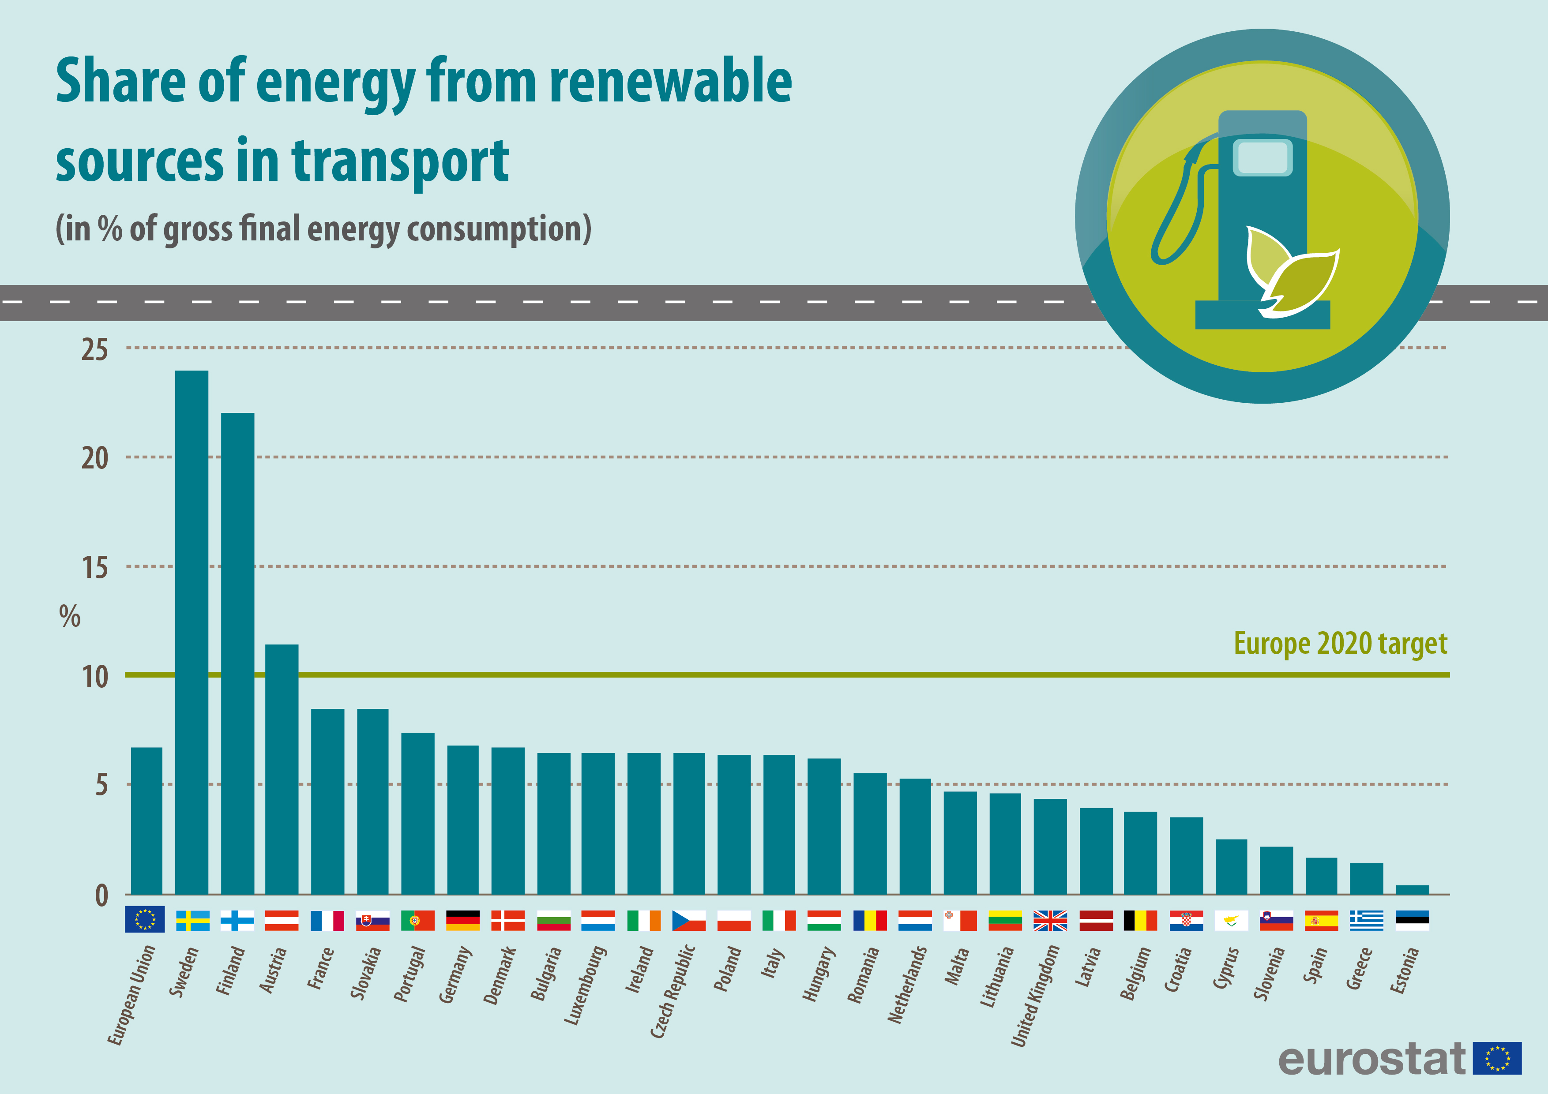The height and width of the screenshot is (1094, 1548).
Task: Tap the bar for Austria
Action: pos(282,769)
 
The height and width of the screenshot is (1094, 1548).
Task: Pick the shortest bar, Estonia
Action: pos(1412,890)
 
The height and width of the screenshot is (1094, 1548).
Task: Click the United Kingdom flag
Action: pos(1050,920)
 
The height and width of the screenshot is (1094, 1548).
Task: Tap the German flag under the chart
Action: pos(462,920)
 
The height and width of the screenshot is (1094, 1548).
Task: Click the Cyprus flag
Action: pos(1230,920)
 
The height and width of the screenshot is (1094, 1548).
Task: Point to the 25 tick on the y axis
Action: pos(94,350)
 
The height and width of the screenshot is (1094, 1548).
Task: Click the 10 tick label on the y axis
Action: pos(94,677)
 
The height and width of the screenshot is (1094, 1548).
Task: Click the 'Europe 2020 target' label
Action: pos(1340,644)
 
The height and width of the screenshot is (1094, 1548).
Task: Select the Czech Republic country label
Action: pos(672,991)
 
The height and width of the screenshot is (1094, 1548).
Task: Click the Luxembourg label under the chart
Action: pos(585,985)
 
